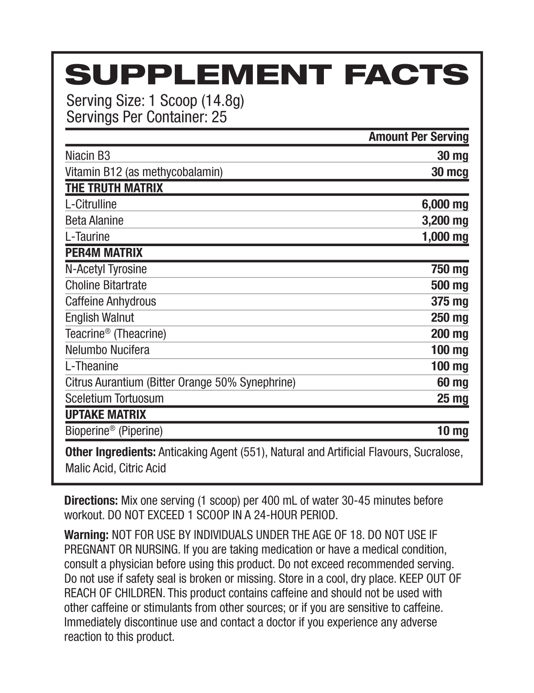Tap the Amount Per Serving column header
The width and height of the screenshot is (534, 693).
tap(418, 137)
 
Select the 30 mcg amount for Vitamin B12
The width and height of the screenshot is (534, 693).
tap(449, 172)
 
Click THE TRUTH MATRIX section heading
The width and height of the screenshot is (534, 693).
tap(114, 188)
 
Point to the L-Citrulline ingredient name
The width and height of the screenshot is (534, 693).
tap(91, 204)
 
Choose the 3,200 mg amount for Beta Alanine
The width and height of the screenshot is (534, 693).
tap(445, 220)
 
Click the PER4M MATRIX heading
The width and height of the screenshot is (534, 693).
tap(104, 253)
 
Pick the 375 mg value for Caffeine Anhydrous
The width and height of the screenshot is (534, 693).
tap(449, 301)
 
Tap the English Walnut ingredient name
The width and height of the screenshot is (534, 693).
tap(99, 317)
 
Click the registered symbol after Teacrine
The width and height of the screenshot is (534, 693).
tap(107, 331)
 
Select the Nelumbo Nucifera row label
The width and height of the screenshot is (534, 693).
tap(107, 350)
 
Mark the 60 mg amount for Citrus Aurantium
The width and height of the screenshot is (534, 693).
tap(452, 382)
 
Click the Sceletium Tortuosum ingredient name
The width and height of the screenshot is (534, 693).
tap(114, 398)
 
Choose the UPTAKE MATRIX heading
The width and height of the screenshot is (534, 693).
tap(105, 415)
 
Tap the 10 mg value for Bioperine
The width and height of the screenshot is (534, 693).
tap(452, 431)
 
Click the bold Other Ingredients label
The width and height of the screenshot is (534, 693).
tap(110, 452)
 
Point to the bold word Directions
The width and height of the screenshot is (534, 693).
tap(91, 501)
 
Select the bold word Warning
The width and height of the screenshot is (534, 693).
tap(86, 535)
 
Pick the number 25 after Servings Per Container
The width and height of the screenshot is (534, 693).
tap(219, 117)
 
